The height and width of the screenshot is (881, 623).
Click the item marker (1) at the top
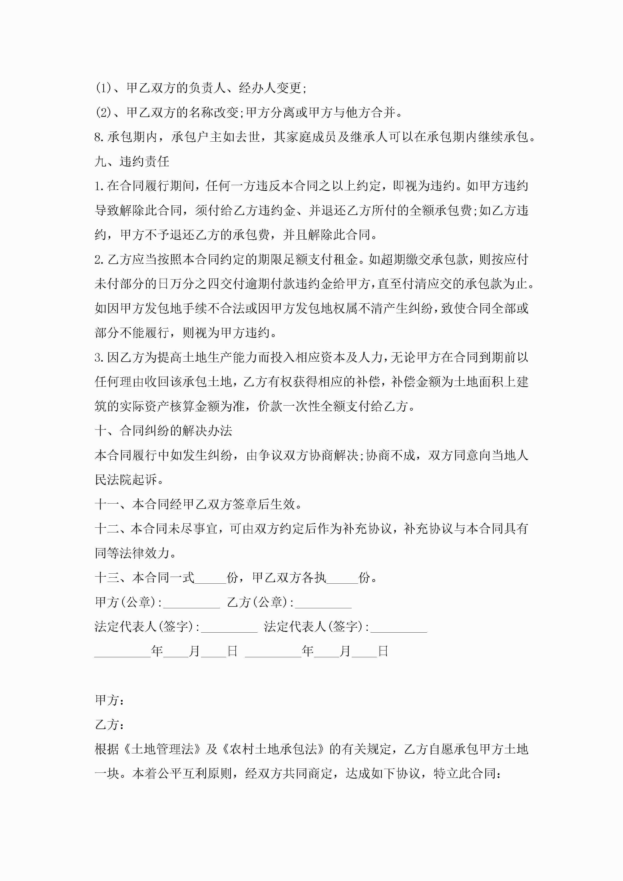point(103,88)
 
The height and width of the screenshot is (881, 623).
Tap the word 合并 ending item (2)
point(384,113)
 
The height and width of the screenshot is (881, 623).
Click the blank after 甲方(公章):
point(191,602)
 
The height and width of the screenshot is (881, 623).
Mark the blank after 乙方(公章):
point(323,602)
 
